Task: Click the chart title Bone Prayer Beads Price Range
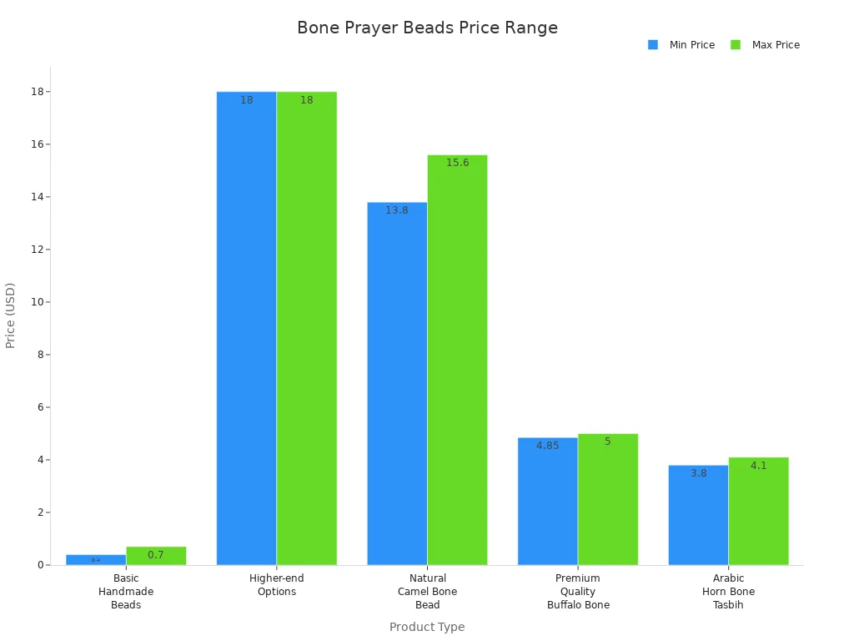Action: click(427, 28)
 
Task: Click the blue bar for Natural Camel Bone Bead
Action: click(397, 383)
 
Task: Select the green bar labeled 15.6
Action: click(457, 360)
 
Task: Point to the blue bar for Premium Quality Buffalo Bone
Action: click(548, 501)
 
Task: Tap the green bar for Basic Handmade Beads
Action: click(156, 556)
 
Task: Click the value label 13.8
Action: click(397, 210)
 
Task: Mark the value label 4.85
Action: click(548, 446)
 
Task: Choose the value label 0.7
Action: click(156, 555)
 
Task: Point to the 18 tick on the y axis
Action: click(36, 92)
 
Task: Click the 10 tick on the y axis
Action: click(36, 302)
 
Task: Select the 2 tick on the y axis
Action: click(38, 512)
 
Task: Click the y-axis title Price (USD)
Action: click(11, 315)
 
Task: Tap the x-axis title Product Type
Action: click(427, 627)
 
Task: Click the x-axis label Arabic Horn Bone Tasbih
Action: click(728, 592)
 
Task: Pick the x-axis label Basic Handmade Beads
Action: click(126, 592)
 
